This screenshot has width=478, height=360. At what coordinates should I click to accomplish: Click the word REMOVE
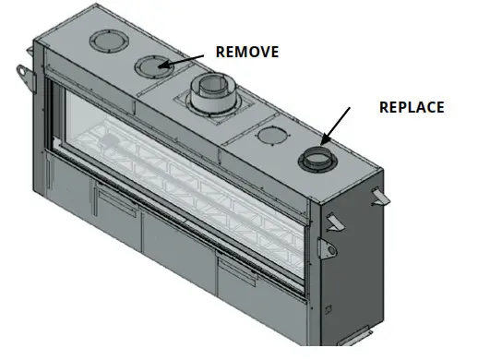pyautogui.click(x=246, y=52)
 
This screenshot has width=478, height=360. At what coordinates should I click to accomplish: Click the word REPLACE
pyautogui.click(x=412, y=107)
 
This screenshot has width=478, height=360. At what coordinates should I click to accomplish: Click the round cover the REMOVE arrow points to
pyautogui.click(x=153, y=66)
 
